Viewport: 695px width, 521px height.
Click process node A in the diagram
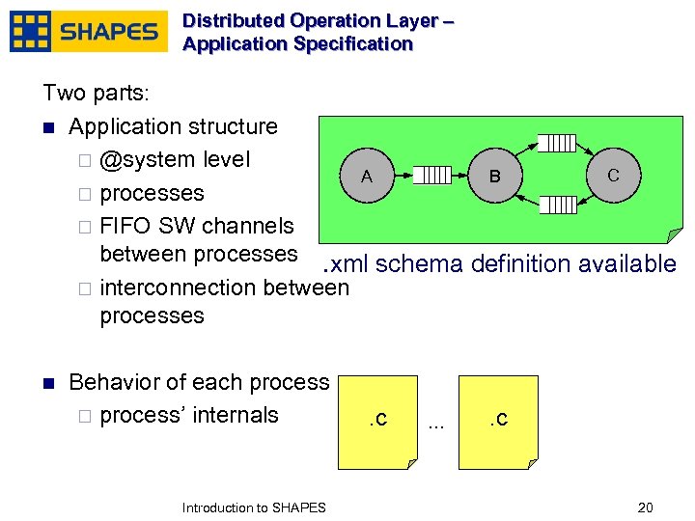click(367, 176)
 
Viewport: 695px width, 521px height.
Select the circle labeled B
click(494, 176)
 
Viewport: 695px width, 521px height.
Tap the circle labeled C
click(613, 175)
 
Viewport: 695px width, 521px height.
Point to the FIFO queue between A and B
click(431, 176)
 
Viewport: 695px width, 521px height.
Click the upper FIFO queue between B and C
click(556, 143)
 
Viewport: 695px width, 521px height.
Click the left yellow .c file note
click(378, 422)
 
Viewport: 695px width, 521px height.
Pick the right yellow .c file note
click(497, 422)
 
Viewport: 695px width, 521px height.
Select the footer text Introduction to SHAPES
click(254, 507)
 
